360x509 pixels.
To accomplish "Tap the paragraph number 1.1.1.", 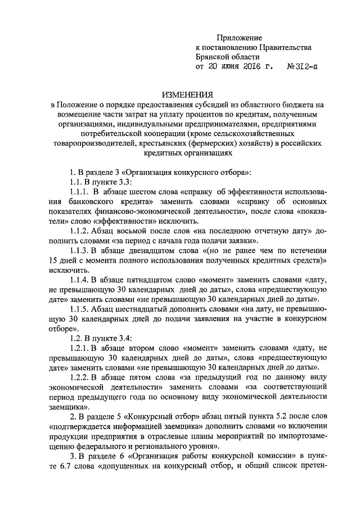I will pyautogui.click(x=79, y=192).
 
